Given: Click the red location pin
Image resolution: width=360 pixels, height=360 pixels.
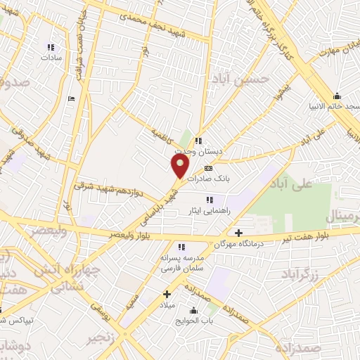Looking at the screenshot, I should click(x=180, y=167).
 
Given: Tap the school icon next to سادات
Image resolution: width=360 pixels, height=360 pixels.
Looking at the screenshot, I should click(x=51, y=47).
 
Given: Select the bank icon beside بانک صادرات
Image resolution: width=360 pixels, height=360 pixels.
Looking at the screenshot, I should click(x=208, y=169).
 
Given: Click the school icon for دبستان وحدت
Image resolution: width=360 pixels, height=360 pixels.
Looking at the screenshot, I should click(x=199, y=141).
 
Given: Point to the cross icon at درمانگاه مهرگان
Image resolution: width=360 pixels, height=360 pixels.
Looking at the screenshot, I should click(x=238, y=233).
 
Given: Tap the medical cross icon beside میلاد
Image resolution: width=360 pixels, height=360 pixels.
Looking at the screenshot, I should click(x=167, y=294).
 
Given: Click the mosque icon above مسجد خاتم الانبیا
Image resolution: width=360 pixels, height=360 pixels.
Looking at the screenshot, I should click(x=337, y=96).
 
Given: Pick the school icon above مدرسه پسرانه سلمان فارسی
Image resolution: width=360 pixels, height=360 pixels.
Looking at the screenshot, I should click(x=181, y=247).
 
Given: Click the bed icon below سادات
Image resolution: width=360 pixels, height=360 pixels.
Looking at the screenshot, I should click(x=70, y=99).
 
